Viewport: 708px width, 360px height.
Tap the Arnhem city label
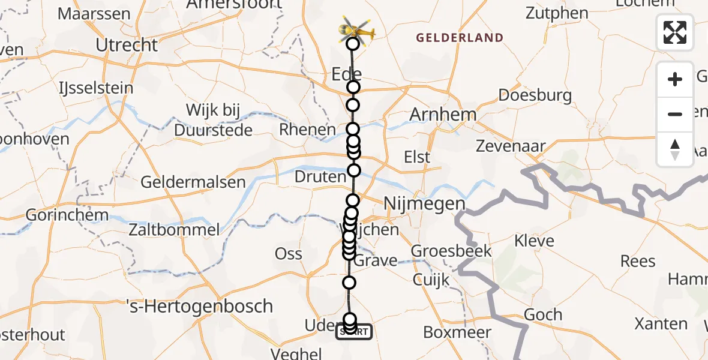tap(443, 115)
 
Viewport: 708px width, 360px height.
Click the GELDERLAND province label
tap(460, 38)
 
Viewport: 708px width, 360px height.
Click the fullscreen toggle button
tap(675, 32)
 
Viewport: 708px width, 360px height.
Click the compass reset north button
tap(675, 149)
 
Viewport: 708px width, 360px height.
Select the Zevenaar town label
tap(510, 146)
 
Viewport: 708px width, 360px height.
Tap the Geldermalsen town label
tap(193, 182)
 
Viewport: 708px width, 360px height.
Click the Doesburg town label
tap(527, 95)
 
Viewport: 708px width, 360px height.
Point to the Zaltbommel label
tap(174, 229)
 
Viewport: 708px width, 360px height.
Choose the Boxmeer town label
tap(457, 332)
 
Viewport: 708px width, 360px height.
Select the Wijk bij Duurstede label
tap(213, 120)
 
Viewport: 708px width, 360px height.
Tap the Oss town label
tap(288, 253)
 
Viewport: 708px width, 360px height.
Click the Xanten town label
tap(661, 323)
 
